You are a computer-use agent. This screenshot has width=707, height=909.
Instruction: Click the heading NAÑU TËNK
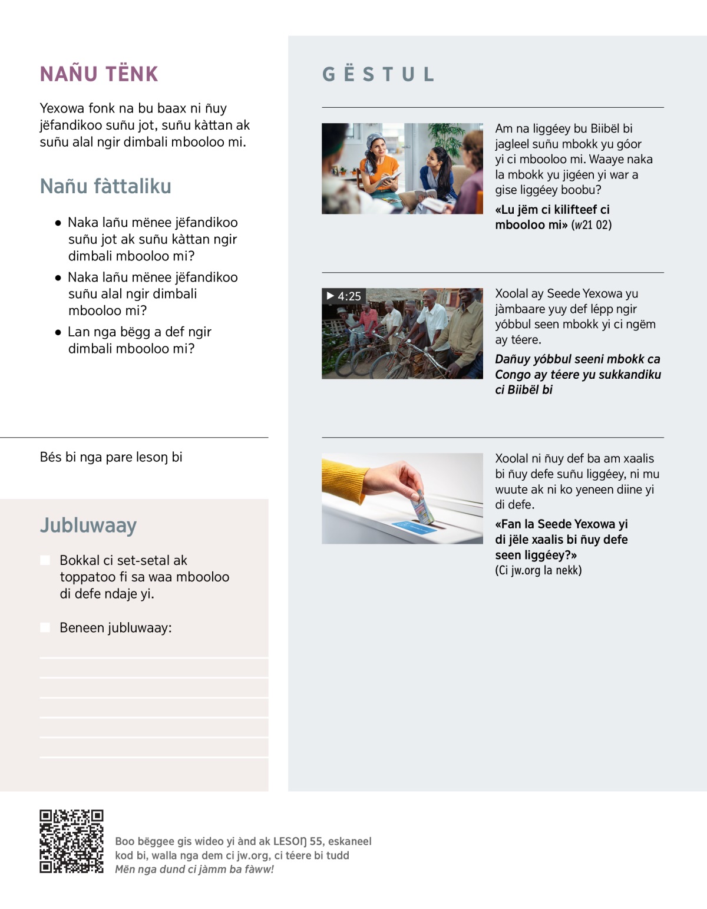(99, 74)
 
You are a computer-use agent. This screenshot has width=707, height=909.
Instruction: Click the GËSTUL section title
(378, 74)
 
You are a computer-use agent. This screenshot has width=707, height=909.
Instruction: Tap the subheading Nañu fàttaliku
(105, 186)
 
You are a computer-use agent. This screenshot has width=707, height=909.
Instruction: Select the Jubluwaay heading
(88, 525)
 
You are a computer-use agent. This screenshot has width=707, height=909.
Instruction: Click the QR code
(71, 841)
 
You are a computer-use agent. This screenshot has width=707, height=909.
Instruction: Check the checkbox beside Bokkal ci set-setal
(45, 560)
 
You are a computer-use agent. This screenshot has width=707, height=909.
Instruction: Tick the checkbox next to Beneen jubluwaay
(45, 627)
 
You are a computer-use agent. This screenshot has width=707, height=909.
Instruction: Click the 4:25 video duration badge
(344, 296)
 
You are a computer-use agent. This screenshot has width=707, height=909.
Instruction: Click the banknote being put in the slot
(424, 505)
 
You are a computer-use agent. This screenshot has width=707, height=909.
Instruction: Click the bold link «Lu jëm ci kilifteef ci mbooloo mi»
(552, 217)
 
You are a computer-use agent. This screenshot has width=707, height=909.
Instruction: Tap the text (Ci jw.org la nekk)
(538, 570)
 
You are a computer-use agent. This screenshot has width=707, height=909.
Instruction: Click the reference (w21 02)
(592, 225)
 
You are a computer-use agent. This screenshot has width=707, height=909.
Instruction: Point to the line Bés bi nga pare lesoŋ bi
(111, 457)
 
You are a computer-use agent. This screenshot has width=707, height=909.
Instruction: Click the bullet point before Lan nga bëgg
(58, 332)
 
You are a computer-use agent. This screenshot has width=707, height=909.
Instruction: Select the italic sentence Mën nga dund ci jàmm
(194, 869)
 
